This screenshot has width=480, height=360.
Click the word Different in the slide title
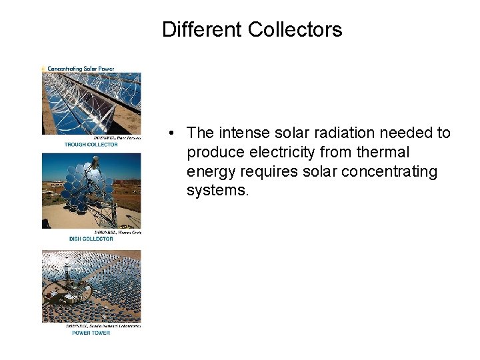[202, 30]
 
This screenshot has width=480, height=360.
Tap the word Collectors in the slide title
[295, 30]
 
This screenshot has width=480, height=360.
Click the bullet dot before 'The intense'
[172, 133]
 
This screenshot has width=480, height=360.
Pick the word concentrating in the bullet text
[389, 172]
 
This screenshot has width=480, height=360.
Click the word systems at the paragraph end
[217, 191]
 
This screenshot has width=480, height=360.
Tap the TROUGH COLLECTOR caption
[91, 145]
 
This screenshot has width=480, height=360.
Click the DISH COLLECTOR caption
[91, 239]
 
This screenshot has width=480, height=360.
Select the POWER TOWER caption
[91, 333]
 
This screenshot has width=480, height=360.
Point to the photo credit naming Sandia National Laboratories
[103, 326]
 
